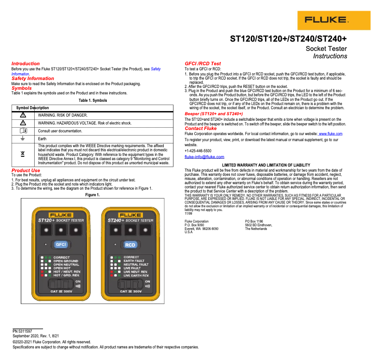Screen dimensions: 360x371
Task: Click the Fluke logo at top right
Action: pyautogui.click(x=325, y=20)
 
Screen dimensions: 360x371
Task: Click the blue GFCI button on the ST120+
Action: pyautogui.click(x=61, y=244)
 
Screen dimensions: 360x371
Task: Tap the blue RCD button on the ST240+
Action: pyautogui.click(x=130, y=244)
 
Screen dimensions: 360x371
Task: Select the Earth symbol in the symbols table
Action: pyautogui.click(x=23, y=138)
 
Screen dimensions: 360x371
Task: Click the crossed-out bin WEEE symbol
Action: pyautogui.click(x=23, y=154)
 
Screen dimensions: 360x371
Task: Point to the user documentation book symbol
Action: pyautogui.click(x=23, y=131)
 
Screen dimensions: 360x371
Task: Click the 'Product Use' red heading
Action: pyautogui.click(x=25, y=170)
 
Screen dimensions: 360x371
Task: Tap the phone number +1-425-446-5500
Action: pyautogui.click(x=198, y=151)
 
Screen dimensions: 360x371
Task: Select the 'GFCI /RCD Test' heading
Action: pyautogui.click(x=203, y=63)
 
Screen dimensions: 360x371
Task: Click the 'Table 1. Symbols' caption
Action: pyautogui.click(x=93, y=100)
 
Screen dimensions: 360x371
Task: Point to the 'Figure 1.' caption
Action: pyautogui.click(x=93, y=195)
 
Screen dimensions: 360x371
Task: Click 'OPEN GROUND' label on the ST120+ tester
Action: pyautogui.click(x=65, y=261)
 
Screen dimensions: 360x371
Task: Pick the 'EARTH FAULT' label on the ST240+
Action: pyautogui.click(x=134, y=261)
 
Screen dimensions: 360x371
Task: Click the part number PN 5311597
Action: pyautogui.click(x=22, y=331)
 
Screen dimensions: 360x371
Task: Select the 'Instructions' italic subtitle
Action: pyautogui.click(x=330, y=56)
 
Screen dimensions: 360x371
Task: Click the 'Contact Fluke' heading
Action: pyautogui.click(x=200, y=129)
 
